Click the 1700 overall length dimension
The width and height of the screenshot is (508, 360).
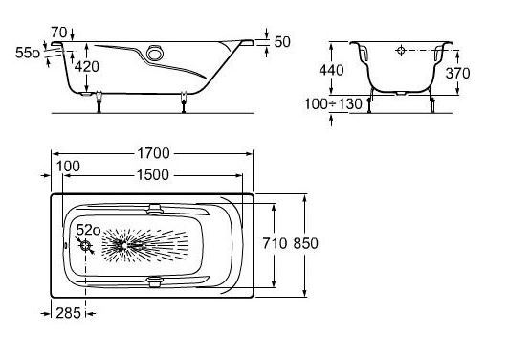click(x=154, y=153)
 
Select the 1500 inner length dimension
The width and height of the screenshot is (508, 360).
click(x=153, y=175)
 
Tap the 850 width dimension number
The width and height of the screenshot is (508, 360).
click(x=305, y=243)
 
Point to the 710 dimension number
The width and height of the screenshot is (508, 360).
click(x=275, y=243)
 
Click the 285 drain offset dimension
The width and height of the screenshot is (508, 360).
click(x=68, y=313)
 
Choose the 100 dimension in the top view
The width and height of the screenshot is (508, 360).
click(x=68, y=167)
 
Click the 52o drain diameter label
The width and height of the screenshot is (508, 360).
click(x=88, y=230)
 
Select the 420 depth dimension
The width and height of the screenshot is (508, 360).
click(x=87, y=67)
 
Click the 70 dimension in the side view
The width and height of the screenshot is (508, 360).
click(x=59, y=33)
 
